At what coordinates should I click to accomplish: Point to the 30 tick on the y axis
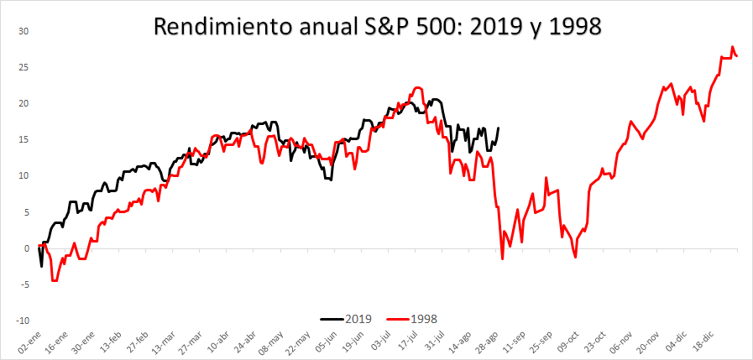(24, 31)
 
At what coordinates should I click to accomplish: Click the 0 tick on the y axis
(25, 248)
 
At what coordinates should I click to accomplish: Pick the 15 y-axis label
(24, 139)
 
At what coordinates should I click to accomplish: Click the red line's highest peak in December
(733, 47)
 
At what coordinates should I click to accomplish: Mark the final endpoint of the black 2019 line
(498, 128)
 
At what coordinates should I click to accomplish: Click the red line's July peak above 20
(417, 87)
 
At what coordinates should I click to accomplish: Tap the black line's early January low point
(42, 266)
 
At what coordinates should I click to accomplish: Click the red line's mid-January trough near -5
(55, 280)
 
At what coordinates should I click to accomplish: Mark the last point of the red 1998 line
(737, 56)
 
